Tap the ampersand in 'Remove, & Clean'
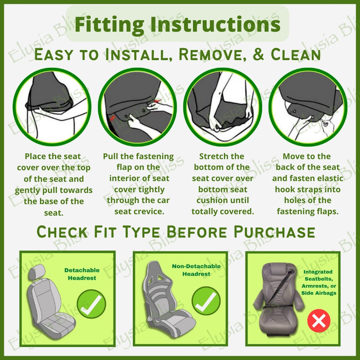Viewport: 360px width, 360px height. (x=258, y=54)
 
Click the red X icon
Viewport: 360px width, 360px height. (x=319, y=320)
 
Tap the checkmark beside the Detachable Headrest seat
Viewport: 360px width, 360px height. (x=91, y=304)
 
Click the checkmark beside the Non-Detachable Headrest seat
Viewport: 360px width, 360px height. (x=206, y=303)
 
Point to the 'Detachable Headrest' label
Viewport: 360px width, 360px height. (x=82, y=274)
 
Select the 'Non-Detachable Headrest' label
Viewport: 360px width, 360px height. (x=197, y=270)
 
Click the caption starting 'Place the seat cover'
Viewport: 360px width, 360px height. (x=53, y=184)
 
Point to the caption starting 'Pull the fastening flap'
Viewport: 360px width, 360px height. (x=139, y=184)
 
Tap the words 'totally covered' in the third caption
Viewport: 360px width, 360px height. (x=223, y=212)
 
